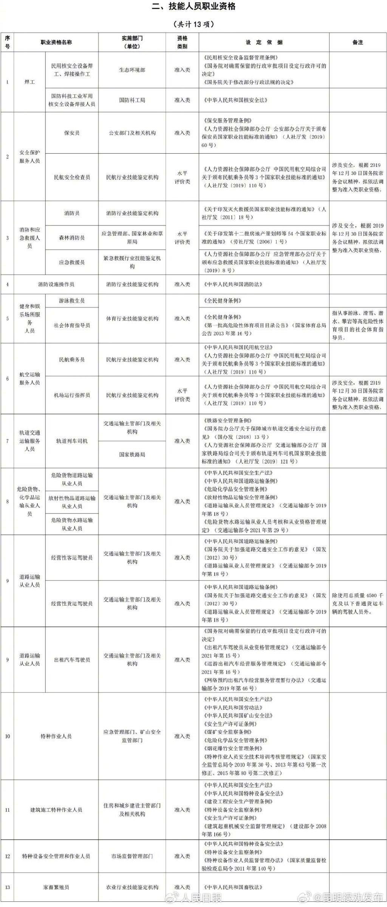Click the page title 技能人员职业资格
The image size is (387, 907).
193,7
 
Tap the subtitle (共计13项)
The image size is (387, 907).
193,24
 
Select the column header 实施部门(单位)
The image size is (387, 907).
132,42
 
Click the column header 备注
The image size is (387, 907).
358,42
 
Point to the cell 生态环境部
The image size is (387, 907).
132,70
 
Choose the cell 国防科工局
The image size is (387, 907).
132,100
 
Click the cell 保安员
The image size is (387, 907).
72,133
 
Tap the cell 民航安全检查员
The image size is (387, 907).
72,177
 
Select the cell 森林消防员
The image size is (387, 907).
72,238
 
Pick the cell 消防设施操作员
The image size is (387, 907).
56,284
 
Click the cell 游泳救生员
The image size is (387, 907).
72,301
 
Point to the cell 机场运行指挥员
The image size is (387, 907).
72,395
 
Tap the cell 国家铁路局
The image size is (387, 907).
132,454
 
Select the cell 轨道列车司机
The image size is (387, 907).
72,441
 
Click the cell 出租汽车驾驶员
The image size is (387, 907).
72,660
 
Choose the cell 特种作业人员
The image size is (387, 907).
56,736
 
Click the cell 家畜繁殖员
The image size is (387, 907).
56,887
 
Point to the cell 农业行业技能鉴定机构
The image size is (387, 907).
132,887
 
